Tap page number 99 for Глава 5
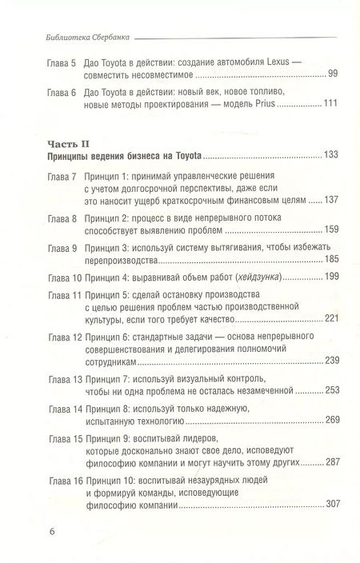pyautogui.click(x=332, y=74)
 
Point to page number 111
pyautogui.click(x=330, y=106)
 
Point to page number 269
pyautogui.click(x=329, y=421)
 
